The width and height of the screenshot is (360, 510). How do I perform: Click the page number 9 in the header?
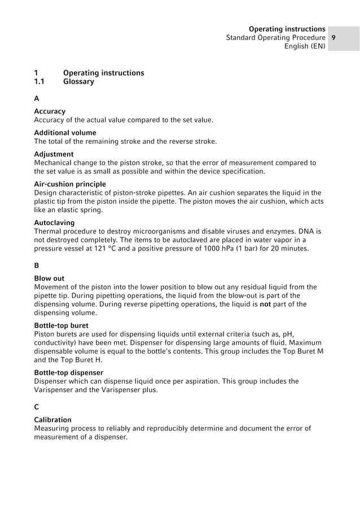pos(334,37)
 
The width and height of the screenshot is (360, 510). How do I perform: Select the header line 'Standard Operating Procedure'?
pos(275,37)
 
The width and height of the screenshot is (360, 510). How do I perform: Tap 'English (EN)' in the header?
pos(305,46)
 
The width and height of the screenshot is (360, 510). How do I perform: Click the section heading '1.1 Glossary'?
pos(64,82)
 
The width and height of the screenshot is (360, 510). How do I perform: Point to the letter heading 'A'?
pos(37,99)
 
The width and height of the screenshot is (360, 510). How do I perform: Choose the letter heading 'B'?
pos(37,265)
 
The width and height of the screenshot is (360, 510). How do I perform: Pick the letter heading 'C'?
pos(37,406)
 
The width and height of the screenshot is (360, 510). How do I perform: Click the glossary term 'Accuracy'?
pos(50,112)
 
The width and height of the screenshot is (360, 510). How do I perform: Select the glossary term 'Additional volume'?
pos(65,133)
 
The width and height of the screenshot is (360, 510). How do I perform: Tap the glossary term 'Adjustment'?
pos(54,154)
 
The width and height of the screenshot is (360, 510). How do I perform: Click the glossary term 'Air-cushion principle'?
pos(70,184)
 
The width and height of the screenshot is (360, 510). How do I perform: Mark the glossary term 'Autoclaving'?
pos(54,222)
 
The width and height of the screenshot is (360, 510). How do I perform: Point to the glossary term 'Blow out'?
pos(49,278)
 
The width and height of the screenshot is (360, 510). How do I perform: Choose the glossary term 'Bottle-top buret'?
pos(61,325)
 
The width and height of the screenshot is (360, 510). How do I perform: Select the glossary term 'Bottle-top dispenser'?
pos(68,372)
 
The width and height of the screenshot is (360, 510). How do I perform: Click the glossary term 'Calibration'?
pos(52,420)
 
